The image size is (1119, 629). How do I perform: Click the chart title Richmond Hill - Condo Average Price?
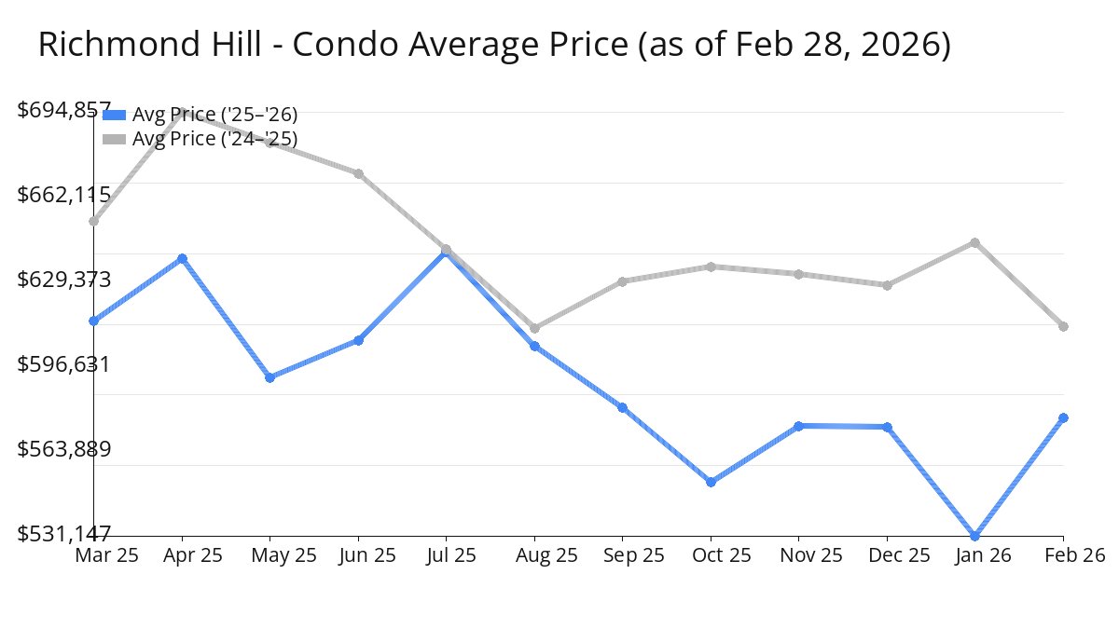(494, 45)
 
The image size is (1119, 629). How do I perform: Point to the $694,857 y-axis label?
(64, 110)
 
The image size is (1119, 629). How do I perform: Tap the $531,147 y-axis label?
(64, 534)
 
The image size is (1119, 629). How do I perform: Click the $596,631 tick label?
(64, 364)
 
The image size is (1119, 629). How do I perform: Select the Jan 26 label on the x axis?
(975, 555)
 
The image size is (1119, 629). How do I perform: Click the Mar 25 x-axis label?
(106, 555)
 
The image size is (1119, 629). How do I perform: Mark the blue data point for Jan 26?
(975, 536)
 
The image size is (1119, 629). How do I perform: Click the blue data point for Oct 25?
(711, 482)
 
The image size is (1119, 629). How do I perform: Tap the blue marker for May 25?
(269, 377)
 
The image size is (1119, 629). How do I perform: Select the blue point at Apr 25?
(183, 258)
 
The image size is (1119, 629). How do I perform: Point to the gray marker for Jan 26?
(975, 242)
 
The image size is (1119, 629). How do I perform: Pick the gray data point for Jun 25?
(358, 173)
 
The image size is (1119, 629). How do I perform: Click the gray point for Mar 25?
(94, 221)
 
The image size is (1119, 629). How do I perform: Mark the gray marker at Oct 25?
(711, 267)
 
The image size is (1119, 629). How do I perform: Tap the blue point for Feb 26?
(1063, 417)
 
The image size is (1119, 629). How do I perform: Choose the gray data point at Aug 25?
(534, 328)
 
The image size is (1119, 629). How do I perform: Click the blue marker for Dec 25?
(887, 427)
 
